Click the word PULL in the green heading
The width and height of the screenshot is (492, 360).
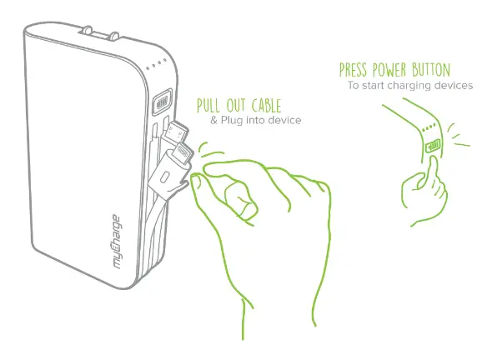click(x=211, y=107)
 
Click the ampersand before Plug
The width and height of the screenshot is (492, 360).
click(x=213, y=121)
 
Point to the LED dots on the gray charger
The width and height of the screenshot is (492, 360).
click(x=158, y=69)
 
